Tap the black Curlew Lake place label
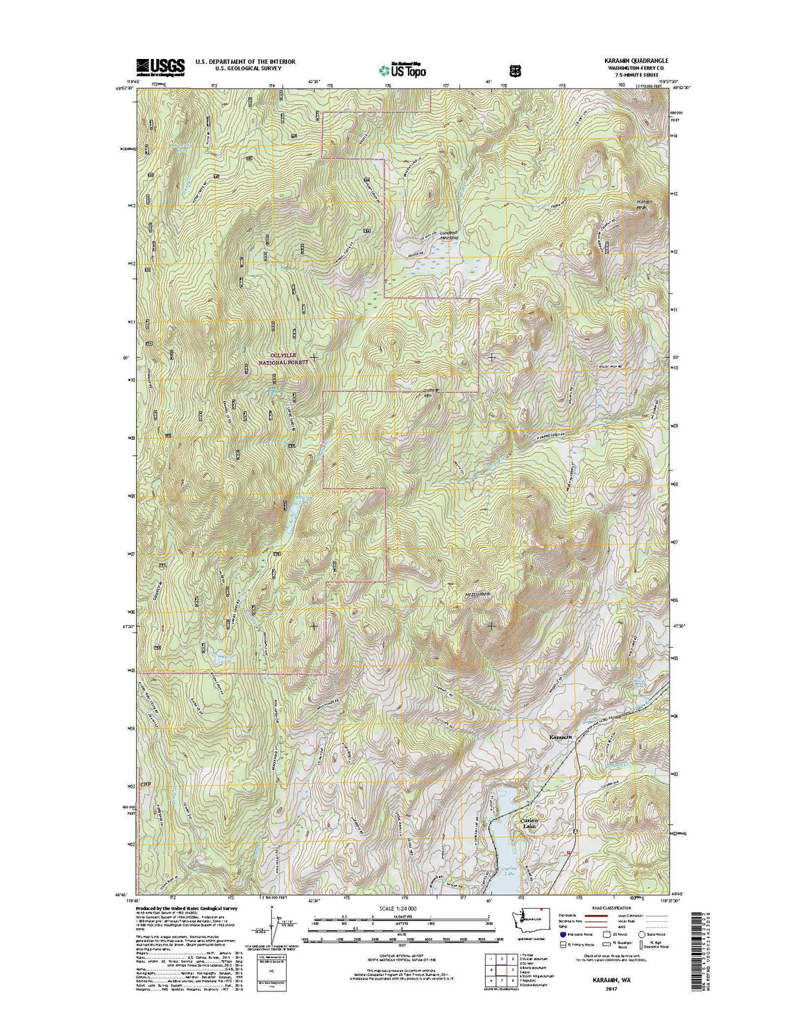pyautogui.click(x=529, y=823)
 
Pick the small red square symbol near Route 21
pyautogui.click(x=569, y=853)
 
